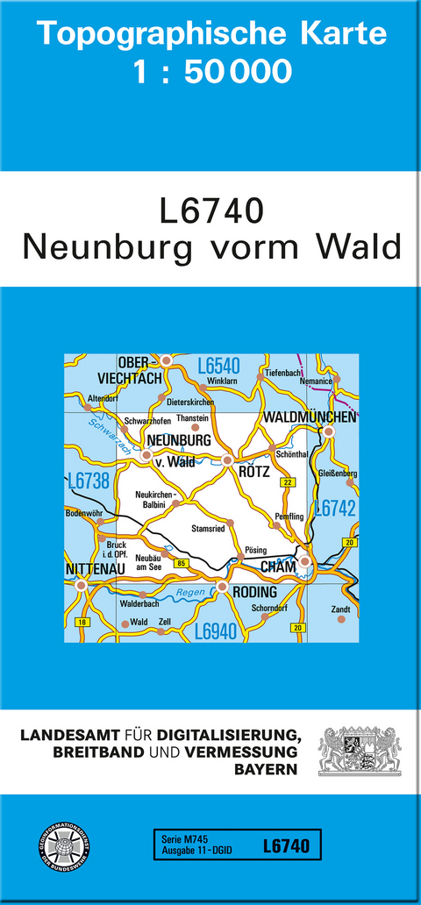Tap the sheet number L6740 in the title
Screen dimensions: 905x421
(x=211, y=212)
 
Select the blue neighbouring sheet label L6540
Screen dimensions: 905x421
(x=218, y=366)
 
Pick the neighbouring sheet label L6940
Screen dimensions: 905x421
(x=217, y=631)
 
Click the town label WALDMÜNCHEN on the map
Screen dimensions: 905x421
(x=310, y=417)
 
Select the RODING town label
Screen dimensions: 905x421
(x=255, y=592)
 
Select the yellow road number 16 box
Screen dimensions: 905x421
(x=82, y=622)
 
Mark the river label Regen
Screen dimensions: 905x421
(x=191, y=595)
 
